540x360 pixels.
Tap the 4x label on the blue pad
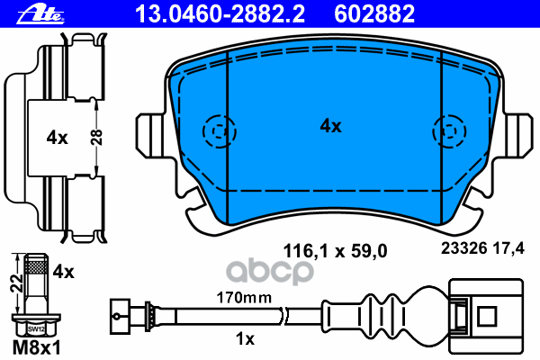(331, 127)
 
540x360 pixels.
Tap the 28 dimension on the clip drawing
(103, 138)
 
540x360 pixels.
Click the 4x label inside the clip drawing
(58, 138)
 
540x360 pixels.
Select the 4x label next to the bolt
(63, 270)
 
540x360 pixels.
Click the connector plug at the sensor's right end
(486, 315)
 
